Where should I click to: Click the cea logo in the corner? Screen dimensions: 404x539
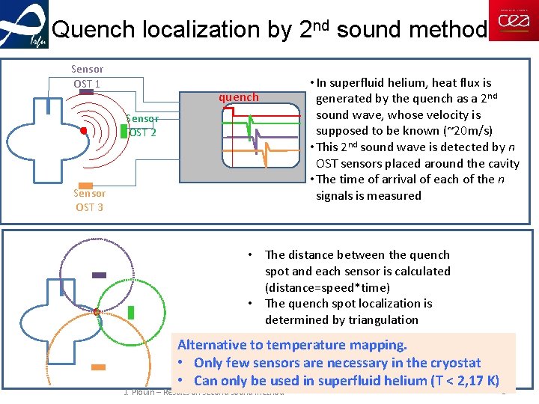point(513,21)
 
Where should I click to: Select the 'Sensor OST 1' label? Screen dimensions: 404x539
point(87,76)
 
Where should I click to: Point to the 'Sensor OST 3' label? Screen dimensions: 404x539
point(89,200)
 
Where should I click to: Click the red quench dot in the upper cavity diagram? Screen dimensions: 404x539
point(84,131)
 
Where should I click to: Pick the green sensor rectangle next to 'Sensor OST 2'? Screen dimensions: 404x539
point(124,130)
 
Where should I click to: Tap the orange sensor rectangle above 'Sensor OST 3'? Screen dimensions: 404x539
point(86,185)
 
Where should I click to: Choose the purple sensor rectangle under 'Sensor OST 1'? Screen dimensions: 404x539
point(88,91)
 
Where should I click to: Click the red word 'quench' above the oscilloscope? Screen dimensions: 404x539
point(238,97)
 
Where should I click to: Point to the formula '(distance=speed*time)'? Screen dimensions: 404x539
point(326,287)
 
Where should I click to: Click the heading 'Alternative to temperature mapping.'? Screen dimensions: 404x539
point(292,345)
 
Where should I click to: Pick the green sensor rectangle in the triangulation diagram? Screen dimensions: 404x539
point(131,312)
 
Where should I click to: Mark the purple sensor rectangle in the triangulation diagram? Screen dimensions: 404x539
point(99,275)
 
